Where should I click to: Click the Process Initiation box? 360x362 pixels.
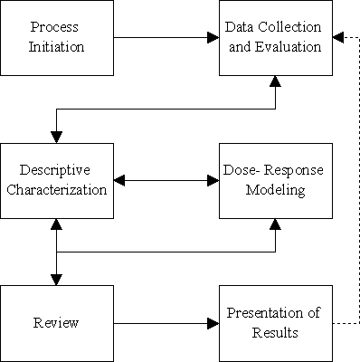click(x=57, y=38)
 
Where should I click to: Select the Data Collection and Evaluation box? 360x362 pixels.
click(x=274, y=38)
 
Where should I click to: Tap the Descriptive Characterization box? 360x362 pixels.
click(x=57, y=180)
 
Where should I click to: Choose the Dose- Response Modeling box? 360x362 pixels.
click(x=274, y=180)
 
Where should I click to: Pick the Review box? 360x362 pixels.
click(x=57, y=322)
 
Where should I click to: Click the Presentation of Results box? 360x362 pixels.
click(x=274, y=322)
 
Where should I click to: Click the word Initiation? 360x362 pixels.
click(x=57, y=47)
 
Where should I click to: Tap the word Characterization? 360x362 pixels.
click(x=57, y=190)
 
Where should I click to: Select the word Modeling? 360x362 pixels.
click(x=274, y=190)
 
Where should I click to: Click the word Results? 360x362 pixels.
click(x=274, y=332)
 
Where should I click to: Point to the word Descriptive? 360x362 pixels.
click(x=57, y=171)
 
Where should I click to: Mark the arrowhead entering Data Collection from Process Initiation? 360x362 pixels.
click(x=213, y=38)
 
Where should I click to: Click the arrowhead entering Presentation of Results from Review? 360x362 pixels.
click(x=213, y=322)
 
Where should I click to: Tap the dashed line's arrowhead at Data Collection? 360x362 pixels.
click(x=336, y=38)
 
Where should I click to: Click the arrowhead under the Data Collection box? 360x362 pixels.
click(x=274, y=82)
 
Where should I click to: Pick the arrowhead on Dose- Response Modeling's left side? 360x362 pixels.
click(x=213, y=180)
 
